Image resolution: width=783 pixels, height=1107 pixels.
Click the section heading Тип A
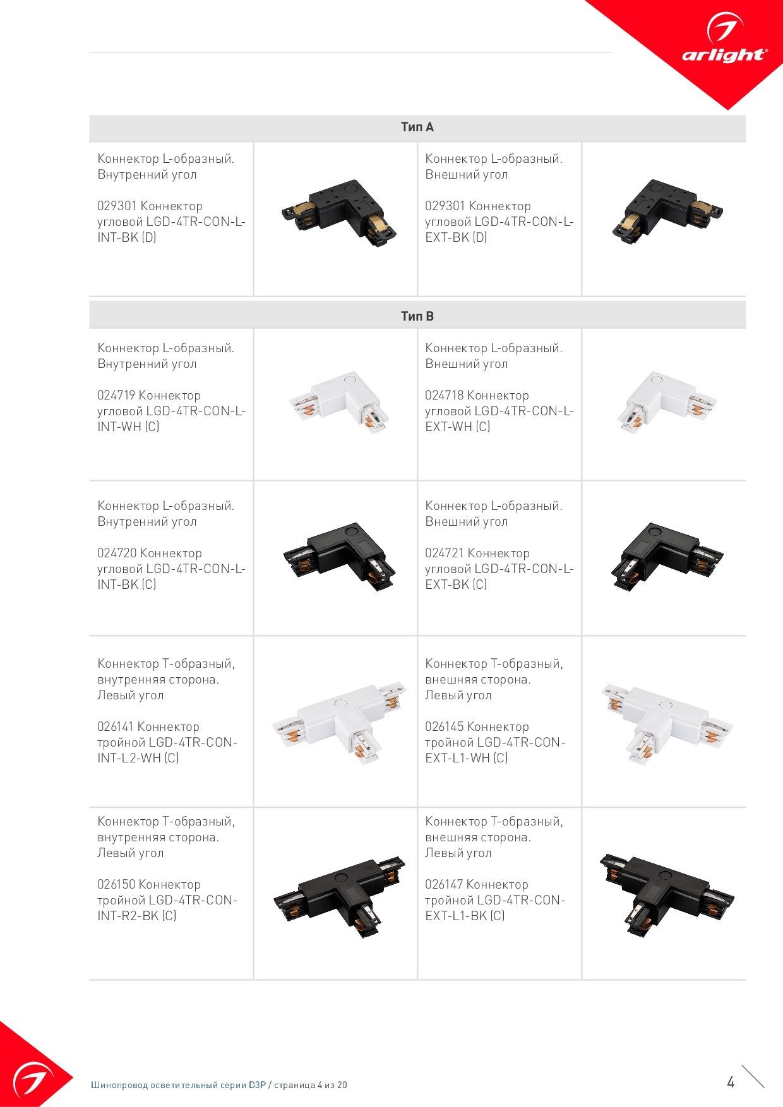coord(417,127)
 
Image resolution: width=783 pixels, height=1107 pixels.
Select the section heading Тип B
coord(417,316)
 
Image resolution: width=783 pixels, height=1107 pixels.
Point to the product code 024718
coord(444,396)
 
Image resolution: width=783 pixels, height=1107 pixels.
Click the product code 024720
coord(116,553)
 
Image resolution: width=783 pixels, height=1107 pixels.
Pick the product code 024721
coord(444,553)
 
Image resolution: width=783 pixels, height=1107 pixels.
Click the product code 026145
coord(444,727)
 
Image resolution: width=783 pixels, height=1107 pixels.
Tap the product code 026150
coord(116,885)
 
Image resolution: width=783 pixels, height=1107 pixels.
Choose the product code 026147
coord(444,885)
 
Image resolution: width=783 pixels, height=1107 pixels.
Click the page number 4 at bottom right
coord(731,1082)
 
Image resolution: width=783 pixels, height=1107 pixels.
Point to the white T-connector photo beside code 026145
coord(667,723)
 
